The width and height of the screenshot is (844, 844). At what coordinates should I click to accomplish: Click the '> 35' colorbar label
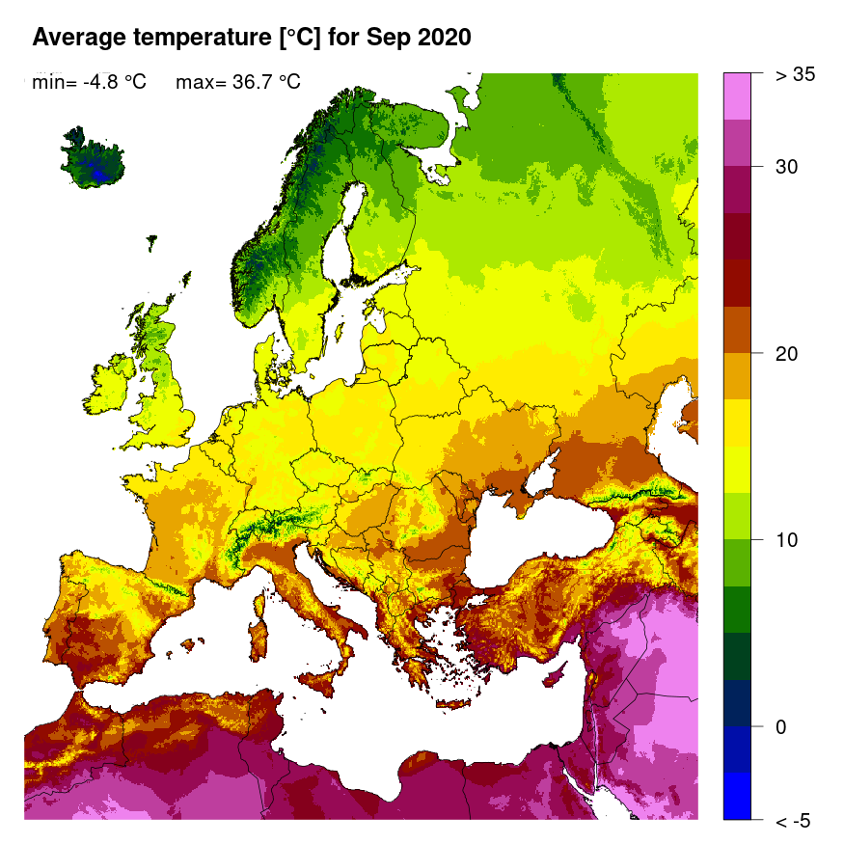click(796, 74)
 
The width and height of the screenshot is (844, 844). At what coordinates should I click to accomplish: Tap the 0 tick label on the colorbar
click(782, 726)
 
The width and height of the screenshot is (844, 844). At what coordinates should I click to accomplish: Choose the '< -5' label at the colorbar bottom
click(793, 820)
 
